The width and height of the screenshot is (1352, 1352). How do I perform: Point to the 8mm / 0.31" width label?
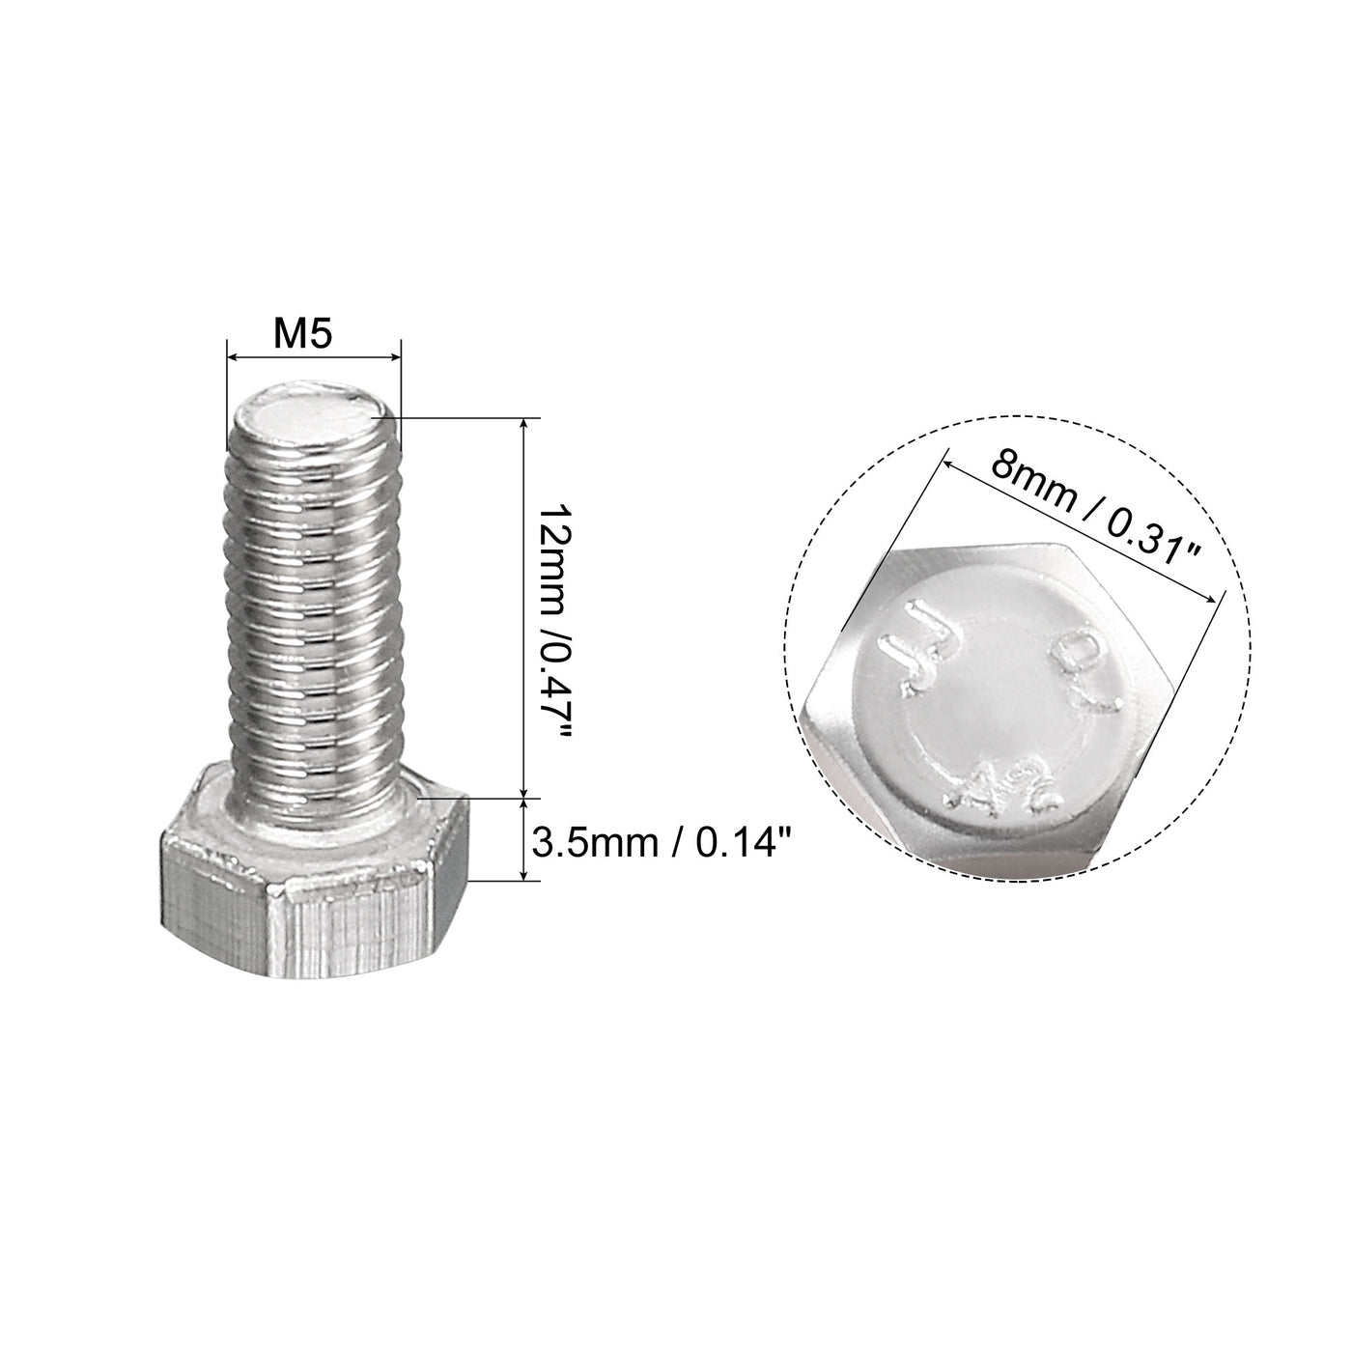pyautogui.click(x=1095, y=514)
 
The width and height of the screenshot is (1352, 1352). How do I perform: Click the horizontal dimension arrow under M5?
pyautogui.click(x=313, y=359)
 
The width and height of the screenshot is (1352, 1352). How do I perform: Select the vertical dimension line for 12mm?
pyautogui.click(x=525, y=608)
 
